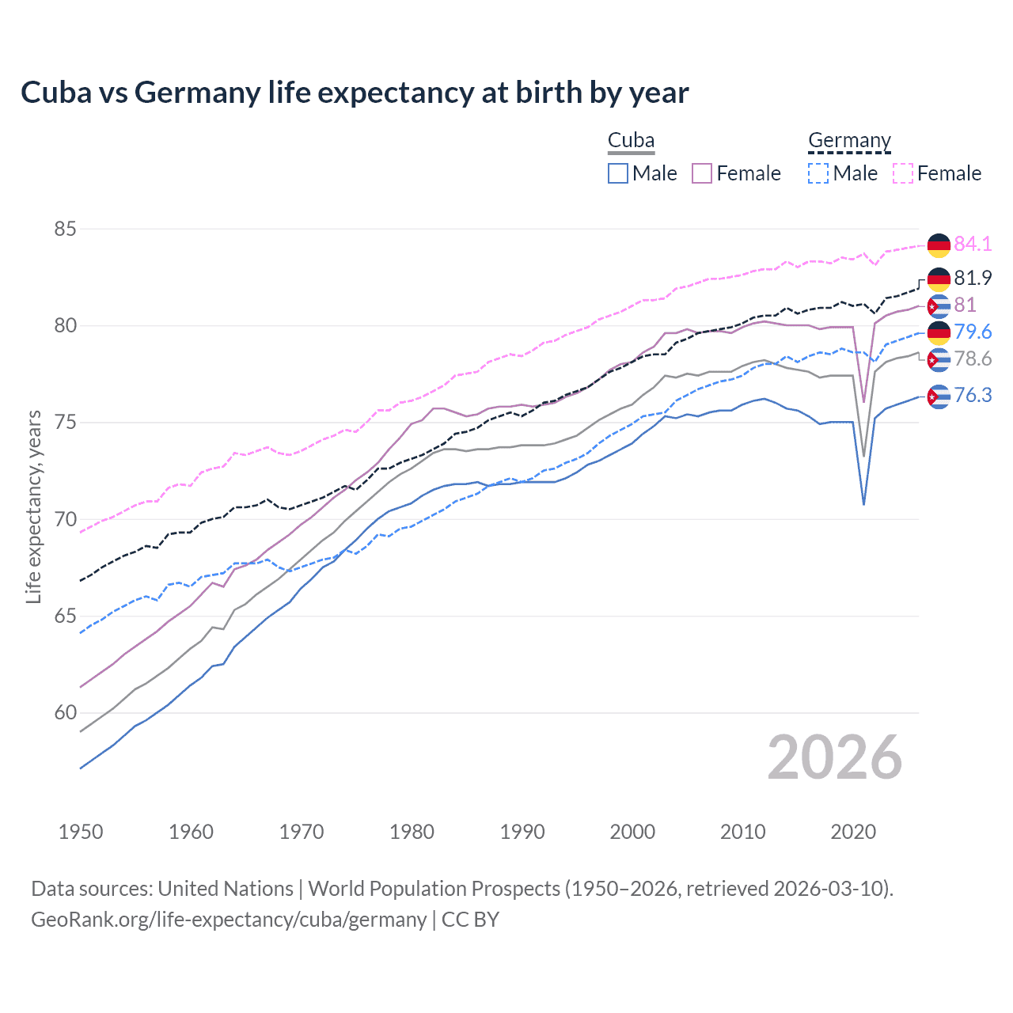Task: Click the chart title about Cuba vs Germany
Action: [x=355, y=93]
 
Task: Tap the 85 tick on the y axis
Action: [x=65, y=230]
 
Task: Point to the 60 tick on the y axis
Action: [x=65, y=713]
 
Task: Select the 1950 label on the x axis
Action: [x=81, y=832]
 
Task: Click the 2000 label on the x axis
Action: [x=632, y=832]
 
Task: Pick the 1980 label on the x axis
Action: [x=412, y=832]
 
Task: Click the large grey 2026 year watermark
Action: [x=835, y=757]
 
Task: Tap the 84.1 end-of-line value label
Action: [x=973, y=244]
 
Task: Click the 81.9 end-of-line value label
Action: [x=973, y=278]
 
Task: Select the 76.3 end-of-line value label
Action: [x=973, y=395]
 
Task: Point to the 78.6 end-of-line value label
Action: [x=973, y=359]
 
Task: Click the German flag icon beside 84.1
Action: [x=939, y=245]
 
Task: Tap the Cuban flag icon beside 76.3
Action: [x=939, y=396]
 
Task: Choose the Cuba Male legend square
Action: [x=618, y=173]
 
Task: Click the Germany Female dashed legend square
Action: [x=903, y=173]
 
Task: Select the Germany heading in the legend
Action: [x=849, y=140]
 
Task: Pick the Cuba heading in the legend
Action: [x=631, y=140]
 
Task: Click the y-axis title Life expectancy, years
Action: [x=33, y=506]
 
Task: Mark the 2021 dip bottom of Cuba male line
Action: [x=863, y=504]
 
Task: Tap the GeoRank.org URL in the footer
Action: [x=229, y=920]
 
